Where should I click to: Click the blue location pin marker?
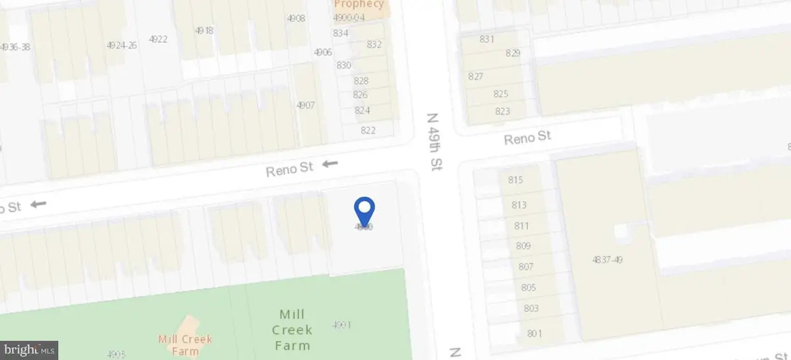[x=365, y=210]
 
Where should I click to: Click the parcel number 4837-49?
[x=607, y=260]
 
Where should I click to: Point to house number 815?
[x=515, y=180]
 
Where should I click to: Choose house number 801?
[x=534, y=334]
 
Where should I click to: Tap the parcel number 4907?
[x=305, y=105]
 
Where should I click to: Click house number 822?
[x=368, y=130]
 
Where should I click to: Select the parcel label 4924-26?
[x=121, y=45]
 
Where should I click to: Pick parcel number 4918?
[x=204, y=30]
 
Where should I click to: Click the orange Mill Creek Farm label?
[x=185, y=345]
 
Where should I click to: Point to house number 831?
[x=486, y=39]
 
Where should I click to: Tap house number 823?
[x=502, y=111]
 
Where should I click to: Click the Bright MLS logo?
[x=30, y=349]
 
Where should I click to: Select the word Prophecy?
[x=359, y=4]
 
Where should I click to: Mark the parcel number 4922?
[x=158, y=39]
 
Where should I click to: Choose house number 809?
[x=523, y=247]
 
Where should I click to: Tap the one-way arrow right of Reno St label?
[x=330, y=164]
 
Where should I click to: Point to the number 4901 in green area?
[x=341, y=324]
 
